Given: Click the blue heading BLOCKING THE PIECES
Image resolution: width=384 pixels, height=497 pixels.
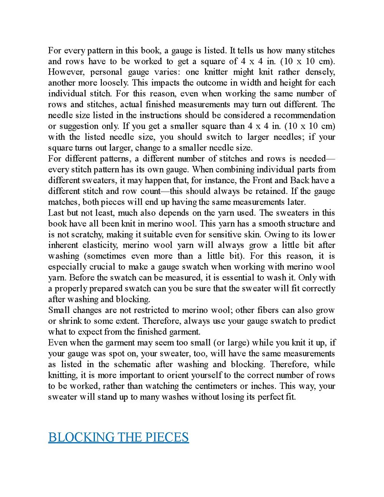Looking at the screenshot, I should [118, 437].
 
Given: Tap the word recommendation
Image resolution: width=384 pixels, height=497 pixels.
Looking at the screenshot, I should [305, 115].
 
